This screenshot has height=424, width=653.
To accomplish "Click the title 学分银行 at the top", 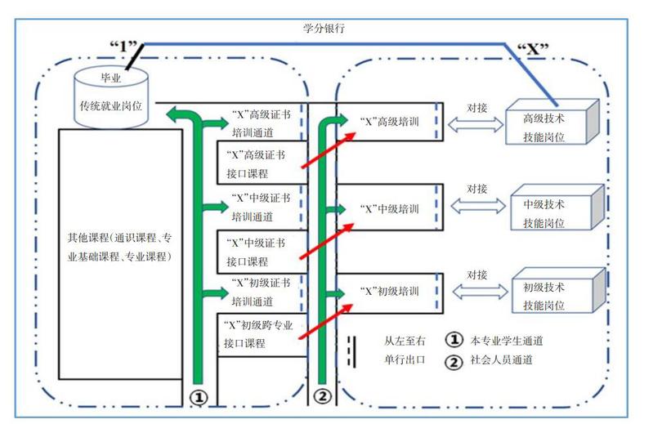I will click(x=324, y=28).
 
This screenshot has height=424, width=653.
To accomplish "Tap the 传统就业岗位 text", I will click(x=110, y=105).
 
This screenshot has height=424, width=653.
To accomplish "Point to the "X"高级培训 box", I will click(x=391, y=122).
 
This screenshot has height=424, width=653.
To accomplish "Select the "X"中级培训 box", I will click(x=391, y=208).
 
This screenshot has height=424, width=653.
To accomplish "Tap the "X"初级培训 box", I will click(x=391, y=291).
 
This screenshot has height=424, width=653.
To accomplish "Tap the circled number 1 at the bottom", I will click(x=199, y=396).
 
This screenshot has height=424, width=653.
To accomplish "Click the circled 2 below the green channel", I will click(x=323, y=396).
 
